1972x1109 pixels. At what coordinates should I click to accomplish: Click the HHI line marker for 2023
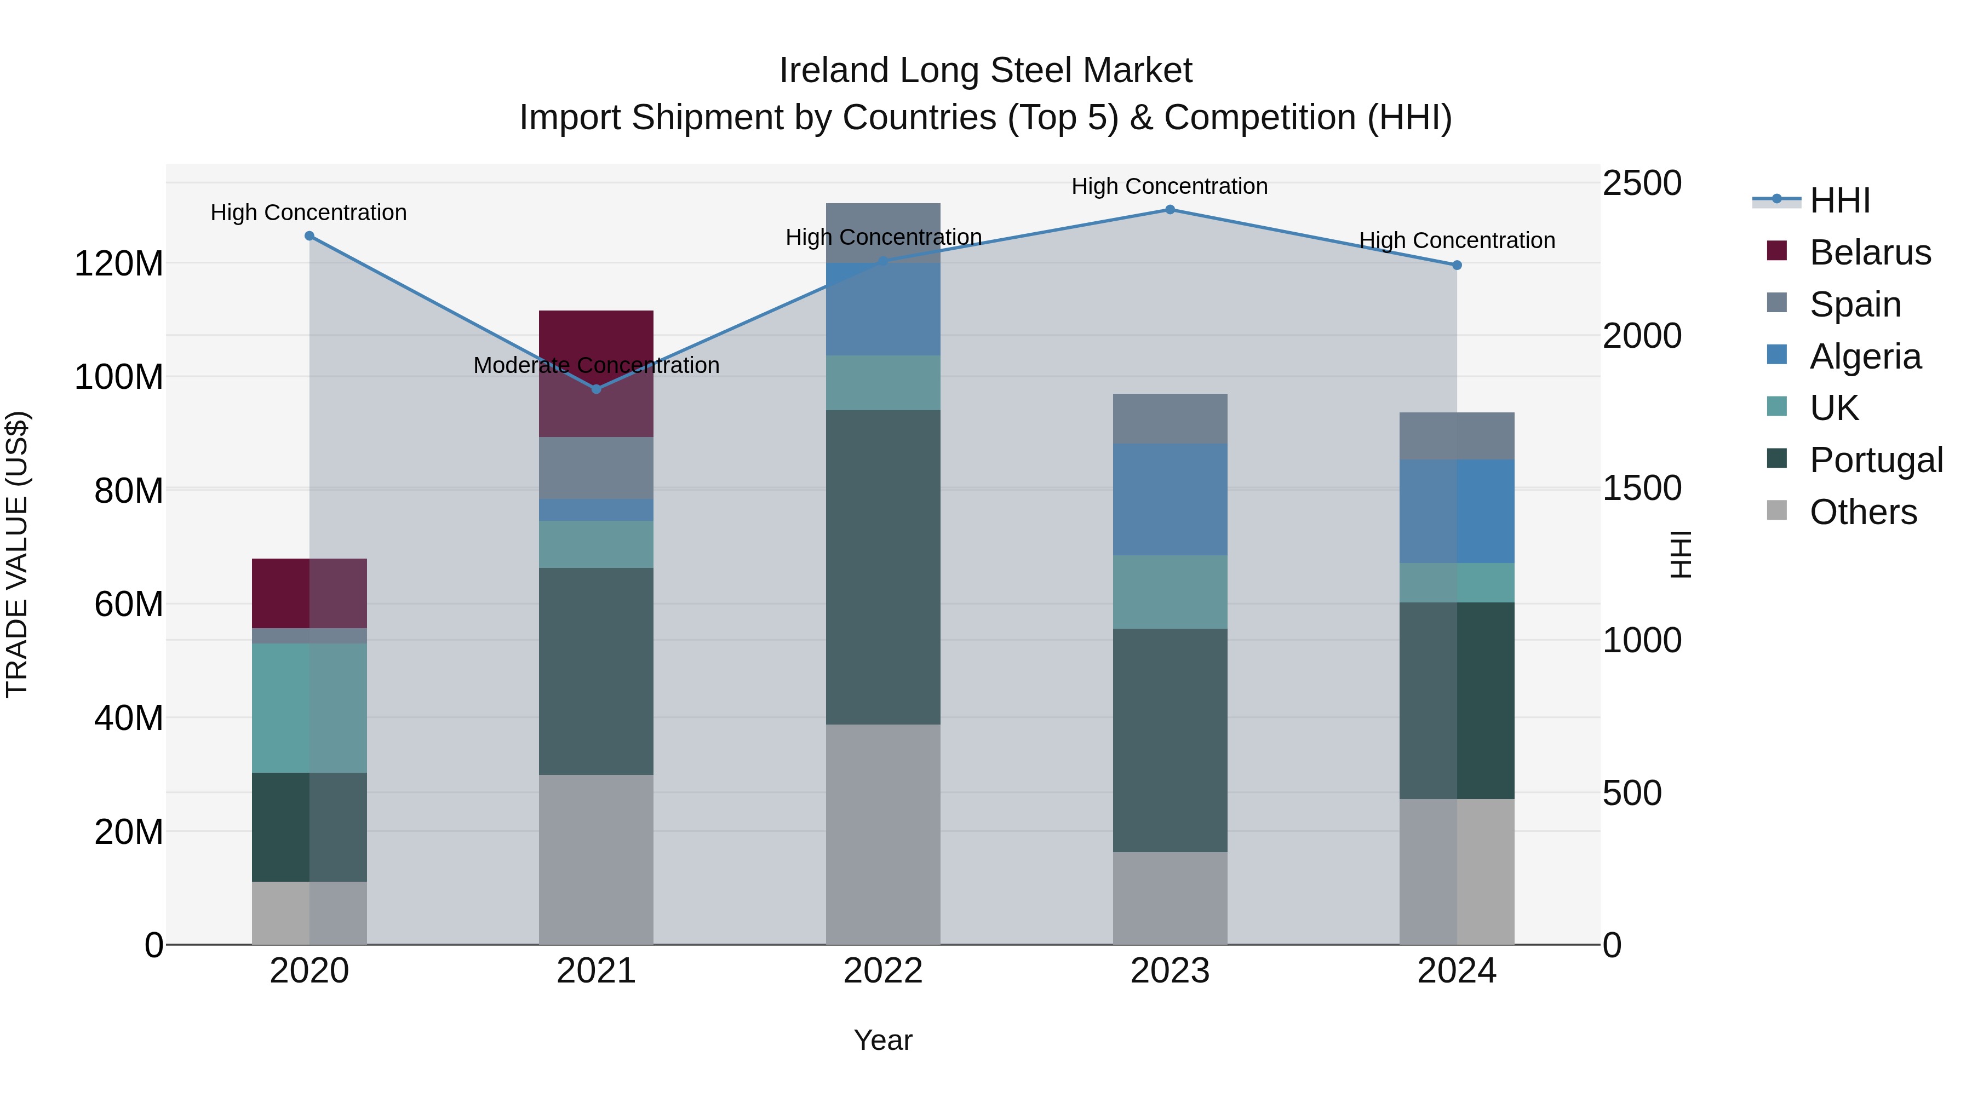(x=1169, y=210)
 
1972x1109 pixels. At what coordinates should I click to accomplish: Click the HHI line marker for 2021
(x=597, y=389)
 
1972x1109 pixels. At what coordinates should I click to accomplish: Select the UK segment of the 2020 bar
(x=309, y=708)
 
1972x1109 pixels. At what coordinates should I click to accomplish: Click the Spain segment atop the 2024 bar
(x=1456, y=436)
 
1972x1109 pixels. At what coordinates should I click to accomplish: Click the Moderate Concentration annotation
(x=597, y=365)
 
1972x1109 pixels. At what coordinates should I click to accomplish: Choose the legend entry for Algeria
(x=1865, y=357)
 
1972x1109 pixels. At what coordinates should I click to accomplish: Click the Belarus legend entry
(x=1870, y=252)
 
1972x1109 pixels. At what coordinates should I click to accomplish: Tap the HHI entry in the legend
(x=1839, y=200)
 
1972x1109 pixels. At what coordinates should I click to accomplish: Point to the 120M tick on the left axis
(x=119, y=264)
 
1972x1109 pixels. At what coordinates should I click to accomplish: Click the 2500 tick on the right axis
(x=1642, y=183)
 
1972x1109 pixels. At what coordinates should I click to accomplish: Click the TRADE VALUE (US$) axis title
(x=17, y=554)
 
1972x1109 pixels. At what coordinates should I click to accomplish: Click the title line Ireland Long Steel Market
(x=985, y=71)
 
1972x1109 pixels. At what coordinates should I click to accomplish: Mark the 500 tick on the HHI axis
(x=1632, y=793)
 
